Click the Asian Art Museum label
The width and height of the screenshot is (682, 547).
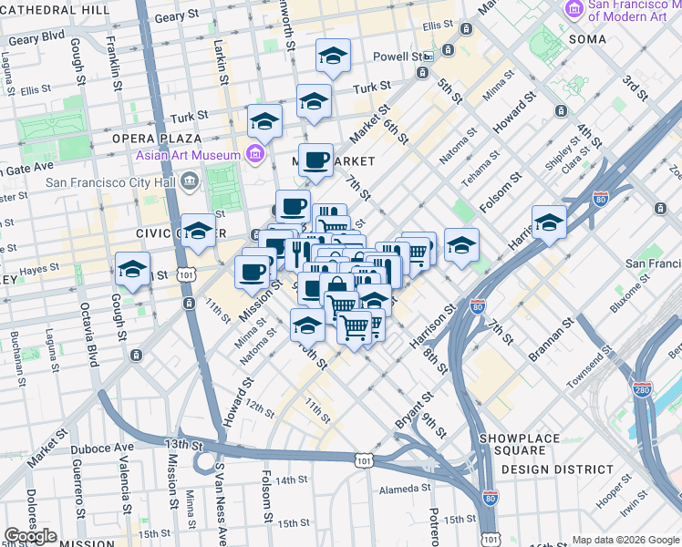(x=188, y=154)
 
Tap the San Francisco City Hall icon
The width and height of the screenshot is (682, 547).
(x=189, y=181)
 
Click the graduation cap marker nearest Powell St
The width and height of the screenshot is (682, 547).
(x=333, y=57)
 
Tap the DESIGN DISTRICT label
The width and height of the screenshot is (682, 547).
(x=558, y=470)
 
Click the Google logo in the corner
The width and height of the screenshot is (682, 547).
(x=30, y=536)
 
